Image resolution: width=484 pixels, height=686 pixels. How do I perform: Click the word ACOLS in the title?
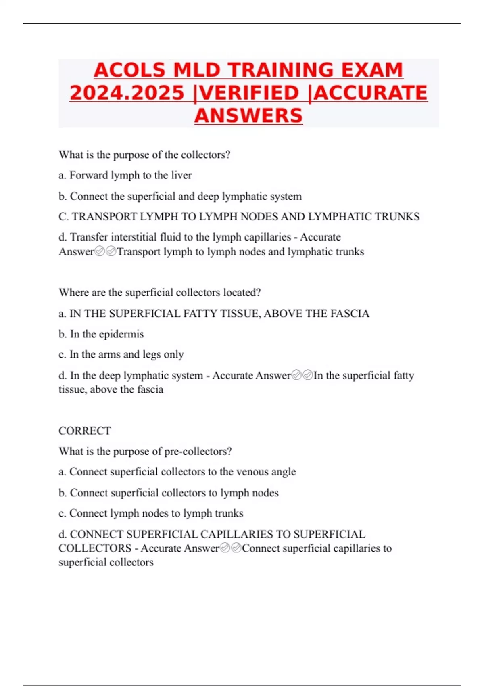[x=129, y=70]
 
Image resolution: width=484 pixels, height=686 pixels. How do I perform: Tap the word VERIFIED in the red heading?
[x=249, y=93]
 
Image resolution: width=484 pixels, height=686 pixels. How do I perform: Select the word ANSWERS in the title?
[x=248, y=116]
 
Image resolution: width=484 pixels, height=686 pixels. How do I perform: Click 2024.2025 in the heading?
[x=127, y=93]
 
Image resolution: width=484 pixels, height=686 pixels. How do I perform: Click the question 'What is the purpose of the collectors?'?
[x=144, y=155]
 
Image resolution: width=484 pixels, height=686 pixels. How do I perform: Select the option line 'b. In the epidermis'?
[x=101, y=334]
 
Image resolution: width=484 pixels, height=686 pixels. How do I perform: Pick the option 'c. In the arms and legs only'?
[x=121, y=354]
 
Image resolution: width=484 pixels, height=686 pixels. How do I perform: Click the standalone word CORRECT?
[x=85, y=431]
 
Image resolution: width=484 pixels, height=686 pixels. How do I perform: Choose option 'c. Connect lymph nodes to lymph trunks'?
[x=151, y=513]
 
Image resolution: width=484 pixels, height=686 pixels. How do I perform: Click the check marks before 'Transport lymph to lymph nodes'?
[x=105, y=252]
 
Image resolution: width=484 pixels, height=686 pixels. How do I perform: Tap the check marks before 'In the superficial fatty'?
[x=302, y=375]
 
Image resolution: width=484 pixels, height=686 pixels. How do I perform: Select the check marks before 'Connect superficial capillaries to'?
[x=231, y=548]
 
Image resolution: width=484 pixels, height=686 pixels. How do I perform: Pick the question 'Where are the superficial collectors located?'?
[x=160, y=292]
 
